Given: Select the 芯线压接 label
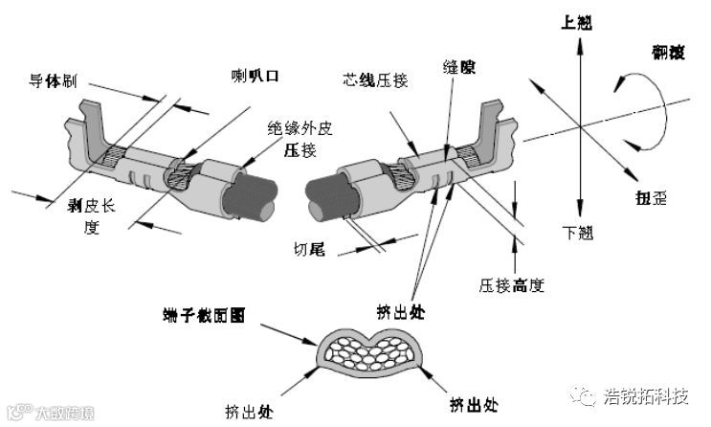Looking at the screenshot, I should (371, 76).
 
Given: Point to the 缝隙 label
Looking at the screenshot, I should (459, 68).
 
